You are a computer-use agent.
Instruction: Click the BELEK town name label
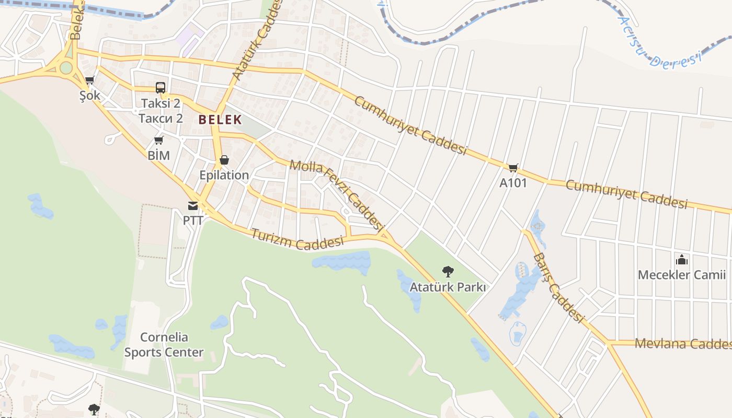[x=220, y=120]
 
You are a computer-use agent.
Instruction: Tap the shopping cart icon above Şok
[x=89, y=80]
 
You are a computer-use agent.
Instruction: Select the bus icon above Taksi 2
[x=161, y=88]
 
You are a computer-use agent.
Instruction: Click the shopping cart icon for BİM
[x=159, y=140]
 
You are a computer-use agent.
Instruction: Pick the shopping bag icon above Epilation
[x=224, y=160]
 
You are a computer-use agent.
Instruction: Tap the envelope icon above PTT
[x=193, y=206]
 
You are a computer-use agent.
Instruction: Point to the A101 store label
[x=513, y=183]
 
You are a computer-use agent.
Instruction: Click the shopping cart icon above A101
[x=513, y=168]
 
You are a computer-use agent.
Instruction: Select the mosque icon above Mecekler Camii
[x=682, y=260]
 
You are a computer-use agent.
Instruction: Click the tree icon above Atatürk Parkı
[x=448, y=272]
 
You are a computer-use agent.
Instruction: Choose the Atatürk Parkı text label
[x=448, y=287]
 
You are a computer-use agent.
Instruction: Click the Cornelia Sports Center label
[x=164, y=345]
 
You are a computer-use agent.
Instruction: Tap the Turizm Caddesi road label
[x=298, y=239]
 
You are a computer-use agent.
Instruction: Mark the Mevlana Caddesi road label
[x=682, y=344]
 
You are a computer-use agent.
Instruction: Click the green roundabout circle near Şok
[x=66, y=67]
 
